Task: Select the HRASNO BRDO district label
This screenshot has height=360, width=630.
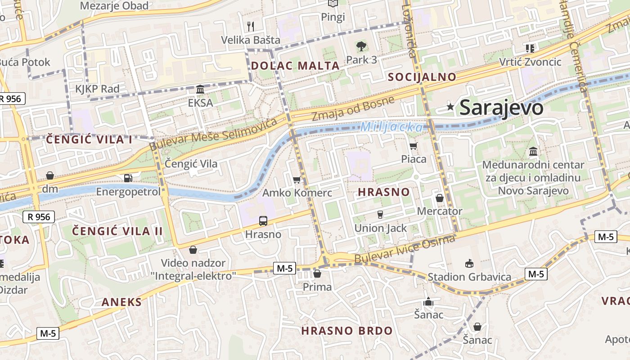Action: tap(347, 331)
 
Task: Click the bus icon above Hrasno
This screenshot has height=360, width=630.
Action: tap(263, 221)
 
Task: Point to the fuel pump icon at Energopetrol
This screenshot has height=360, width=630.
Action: tap(128, 178)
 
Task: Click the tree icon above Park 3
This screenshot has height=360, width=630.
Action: tap(361, 46)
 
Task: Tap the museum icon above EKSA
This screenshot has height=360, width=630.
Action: tap(200, 90)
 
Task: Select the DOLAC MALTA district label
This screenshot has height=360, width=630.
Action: tap(295, 66)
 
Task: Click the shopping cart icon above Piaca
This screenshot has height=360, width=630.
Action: tap(414, 146)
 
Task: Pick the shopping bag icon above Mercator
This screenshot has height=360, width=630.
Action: tap(440, 198)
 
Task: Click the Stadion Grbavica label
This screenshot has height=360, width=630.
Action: tap(469, 277)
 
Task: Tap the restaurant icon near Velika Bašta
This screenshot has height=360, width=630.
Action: tap(251, 27)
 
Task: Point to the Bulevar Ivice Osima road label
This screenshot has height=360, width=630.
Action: tap(405, 250)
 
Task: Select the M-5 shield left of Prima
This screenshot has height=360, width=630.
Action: tap(284, 269)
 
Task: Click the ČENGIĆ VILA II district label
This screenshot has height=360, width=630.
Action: tap(117, 231)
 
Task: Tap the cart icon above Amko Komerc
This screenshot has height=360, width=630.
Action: tap(297, 180)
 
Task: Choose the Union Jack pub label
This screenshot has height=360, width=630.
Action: tap(381, 228)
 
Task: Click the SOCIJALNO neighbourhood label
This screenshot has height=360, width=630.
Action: tap(422, 77)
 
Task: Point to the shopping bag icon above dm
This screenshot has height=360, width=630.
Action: tap(50, 175)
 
